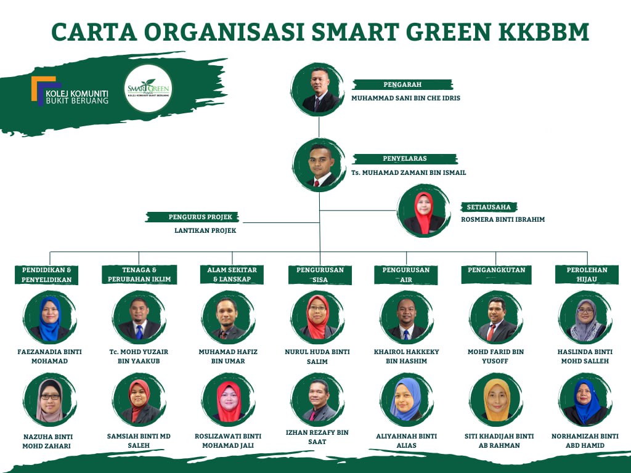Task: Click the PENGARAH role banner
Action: point(402,84)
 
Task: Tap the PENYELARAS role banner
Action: point(405,158)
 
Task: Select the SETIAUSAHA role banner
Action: point(489,207)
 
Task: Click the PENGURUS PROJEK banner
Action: point(192,217)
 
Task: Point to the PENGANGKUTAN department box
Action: point(496,274)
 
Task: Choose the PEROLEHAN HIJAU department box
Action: point(587,274)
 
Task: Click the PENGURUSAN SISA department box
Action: point(320,275)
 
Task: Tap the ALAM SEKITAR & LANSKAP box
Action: point(232,274)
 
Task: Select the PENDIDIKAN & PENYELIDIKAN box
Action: point(46,275)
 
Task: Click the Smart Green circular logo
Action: point(148,89)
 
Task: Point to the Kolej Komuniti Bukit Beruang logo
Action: point(70,91)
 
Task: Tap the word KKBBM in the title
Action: point(543,32)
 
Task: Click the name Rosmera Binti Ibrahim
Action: point(503,220)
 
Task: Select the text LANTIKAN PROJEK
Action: point(205,230)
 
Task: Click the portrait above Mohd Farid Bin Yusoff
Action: point(496,318)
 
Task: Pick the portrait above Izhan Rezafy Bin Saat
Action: point(317,400)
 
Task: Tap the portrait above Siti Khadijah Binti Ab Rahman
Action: point(496,400)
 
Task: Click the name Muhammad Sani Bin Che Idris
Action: point(405,98)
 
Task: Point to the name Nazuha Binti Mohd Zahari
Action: point(47,441)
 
